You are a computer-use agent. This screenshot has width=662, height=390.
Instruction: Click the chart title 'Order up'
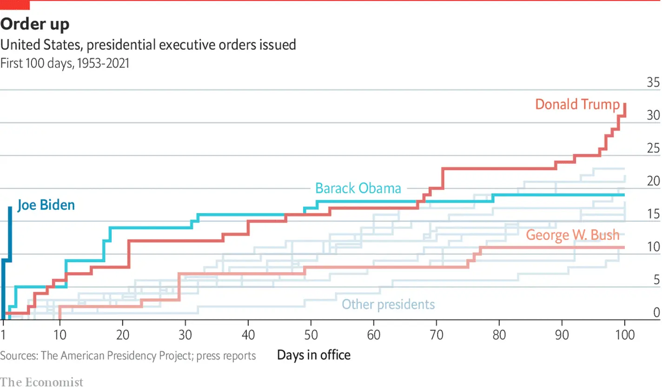coord(35,24)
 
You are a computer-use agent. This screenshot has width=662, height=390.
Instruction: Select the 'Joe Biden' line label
coord(46,205)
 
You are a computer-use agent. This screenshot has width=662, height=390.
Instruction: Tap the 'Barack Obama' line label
coord(358,188)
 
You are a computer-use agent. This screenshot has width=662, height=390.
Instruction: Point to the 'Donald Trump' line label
coord(577,104)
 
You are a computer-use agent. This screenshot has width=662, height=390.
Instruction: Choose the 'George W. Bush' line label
coord(573,235)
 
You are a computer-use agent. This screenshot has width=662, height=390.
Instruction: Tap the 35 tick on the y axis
coord(653,83)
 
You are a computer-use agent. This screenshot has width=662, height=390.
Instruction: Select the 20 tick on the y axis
coord(653,181)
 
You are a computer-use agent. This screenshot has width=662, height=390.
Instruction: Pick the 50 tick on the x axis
coord(311,335)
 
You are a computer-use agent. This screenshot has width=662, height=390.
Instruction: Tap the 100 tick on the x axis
coord(624,335)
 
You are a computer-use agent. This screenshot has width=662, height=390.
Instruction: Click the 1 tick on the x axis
coord(4,335)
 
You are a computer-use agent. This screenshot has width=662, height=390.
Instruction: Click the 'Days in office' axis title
coord(314,356)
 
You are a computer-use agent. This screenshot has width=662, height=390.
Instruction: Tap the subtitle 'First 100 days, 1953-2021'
coord(65,63)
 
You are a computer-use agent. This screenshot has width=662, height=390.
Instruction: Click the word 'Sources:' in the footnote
coord(19,356)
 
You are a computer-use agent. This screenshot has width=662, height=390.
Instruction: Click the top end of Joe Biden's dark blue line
coord(10,195)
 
